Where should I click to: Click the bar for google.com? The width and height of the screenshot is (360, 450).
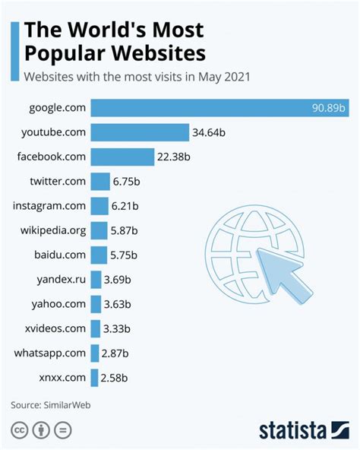click(220, 108)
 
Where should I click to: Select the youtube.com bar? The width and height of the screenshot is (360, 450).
click(140, 132)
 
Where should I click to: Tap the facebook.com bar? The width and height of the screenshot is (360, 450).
click(122, 157)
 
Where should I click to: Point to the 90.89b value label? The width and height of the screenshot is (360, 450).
click(329, 108)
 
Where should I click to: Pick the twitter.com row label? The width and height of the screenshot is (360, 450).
click(58, 181)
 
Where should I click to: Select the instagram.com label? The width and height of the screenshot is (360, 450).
click(49, 205)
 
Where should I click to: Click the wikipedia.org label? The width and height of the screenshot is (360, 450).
click(50, 230)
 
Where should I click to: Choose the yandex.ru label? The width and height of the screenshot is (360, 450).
click(60, 278)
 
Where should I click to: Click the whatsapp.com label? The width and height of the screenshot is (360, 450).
click(50, 352)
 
